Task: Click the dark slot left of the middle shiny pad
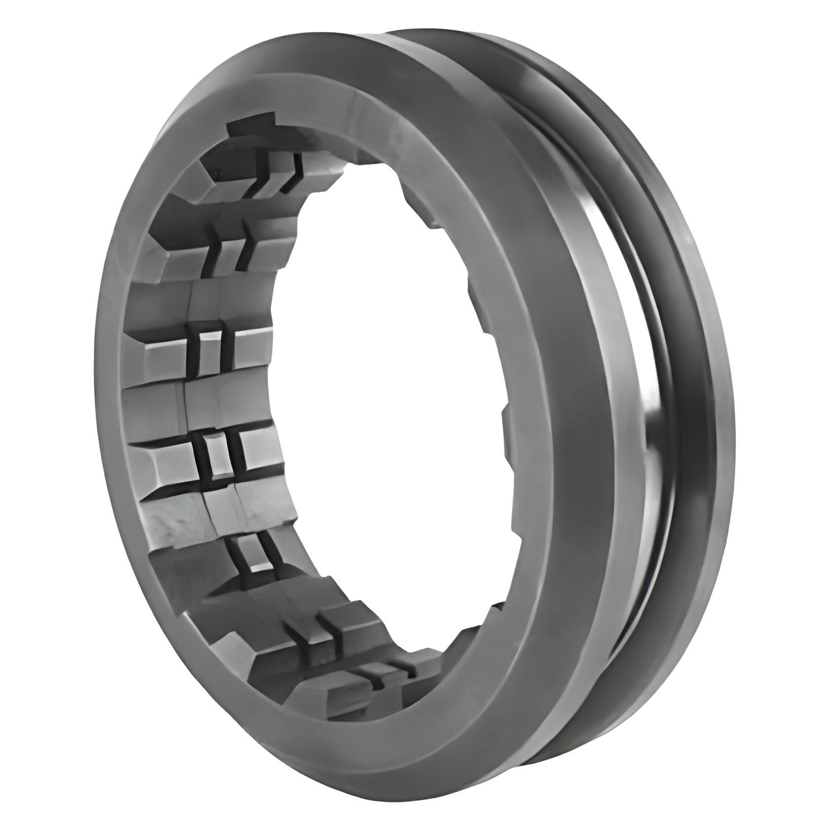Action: click(x=200, y=454)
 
